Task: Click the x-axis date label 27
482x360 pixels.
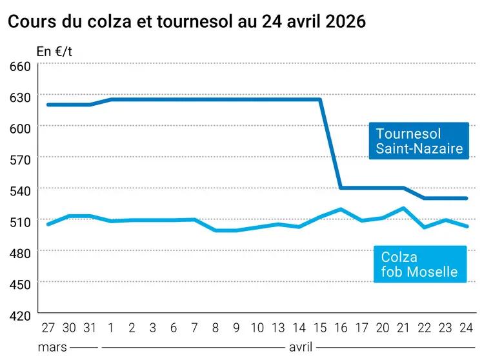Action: click(48, 327)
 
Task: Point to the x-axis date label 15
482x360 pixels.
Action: click(319, 327)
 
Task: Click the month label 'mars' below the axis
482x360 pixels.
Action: click(52, 347)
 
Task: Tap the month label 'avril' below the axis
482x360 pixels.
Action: click(301, 347)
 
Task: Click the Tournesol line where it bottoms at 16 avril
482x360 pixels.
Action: click(341, 188)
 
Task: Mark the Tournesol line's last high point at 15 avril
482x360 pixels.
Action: click(320, 99)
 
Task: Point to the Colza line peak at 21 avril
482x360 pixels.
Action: click(403, 208)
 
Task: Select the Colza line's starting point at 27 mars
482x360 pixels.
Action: click(48, 224)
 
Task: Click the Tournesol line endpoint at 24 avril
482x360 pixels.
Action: click(466, 198)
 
